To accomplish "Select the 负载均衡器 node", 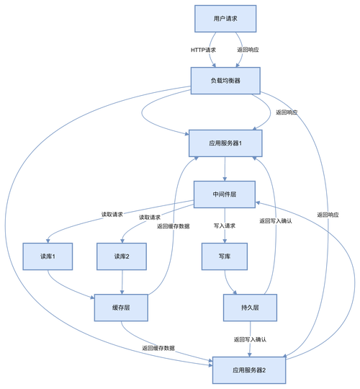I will (x=225, y=80).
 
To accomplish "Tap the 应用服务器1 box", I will (x=225, y=143).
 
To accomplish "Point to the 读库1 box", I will (x=48, y=256).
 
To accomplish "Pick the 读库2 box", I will (x=120, y=256).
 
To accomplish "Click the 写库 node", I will (x=224, y=256).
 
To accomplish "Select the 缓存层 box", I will (x=120, y=308).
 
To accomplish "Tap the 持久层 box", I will (x=250, y=308).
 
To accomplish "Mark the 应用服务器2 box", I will (x=250, y=370).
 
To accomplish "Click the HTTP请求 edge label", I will (x=204, y=50).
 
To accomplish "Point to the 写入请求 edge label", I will (x=224, y=225).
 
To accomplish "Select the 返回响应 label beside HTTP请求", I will (x=248, y=50).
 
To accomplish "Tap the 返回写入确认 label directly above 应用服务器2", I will (x=250, y=339).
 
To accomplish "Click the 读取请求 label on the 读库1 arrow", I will (x=112, y=214).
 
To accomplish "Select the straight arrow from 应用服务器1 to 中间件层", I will (x=225, y=169).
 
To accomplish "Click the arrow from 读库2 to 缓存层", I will (x=120, y=282).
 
